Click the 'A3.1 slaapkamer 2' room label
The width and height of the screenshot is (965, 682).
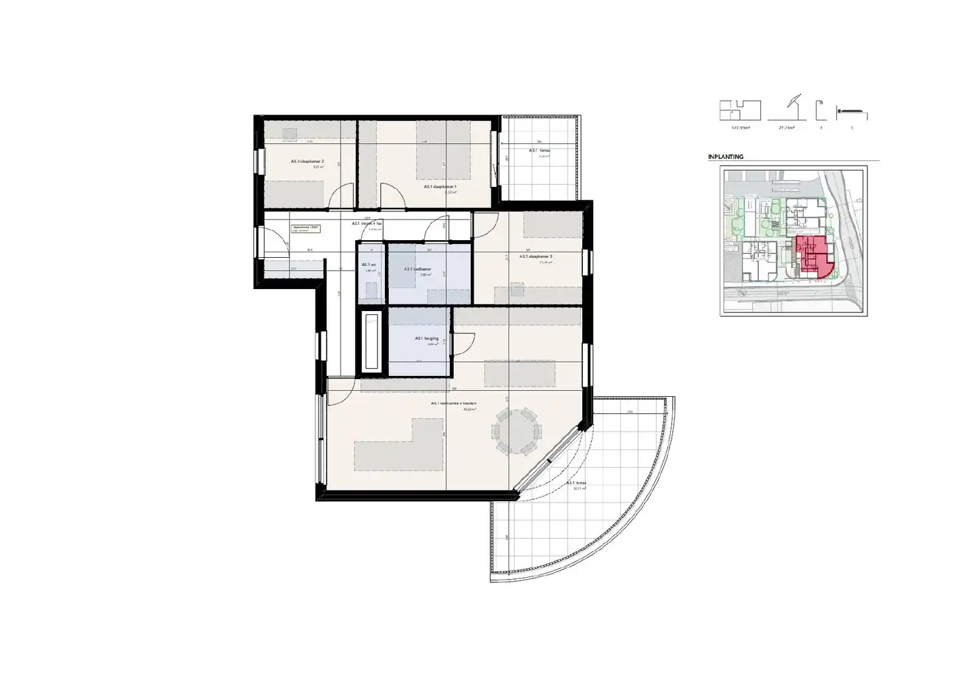(x=302, y=162)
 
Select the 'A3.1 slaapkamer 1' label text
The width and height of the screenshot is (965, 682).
(x=440, y=186)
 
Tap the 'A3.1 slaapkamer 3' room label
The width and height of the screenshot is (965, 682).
(x=536, y=256)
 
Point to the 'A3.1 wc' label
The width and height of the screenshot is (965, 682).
(x=369, y=265)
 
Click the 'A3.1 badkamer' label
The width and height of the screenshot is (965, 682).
(x=418, y=269)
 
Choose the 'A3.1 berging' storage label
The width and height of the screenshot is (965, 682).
(x=427, y=338)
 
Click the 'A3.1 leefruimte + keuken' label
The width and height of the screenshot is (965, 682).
(x=453, y=404)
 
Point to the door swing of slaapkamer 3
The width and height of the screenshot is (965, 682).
(x=486, y=222)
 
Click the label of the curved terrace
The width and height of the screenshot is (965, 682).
(x=576, y=483)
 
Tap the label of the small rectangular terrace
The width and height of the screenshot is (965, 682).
(x=540, y=151)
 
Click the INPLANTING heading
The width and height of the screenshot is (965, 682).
(x=725, y=157)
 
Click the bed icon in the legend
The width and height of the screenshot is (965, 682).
(x=852, y=111)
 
